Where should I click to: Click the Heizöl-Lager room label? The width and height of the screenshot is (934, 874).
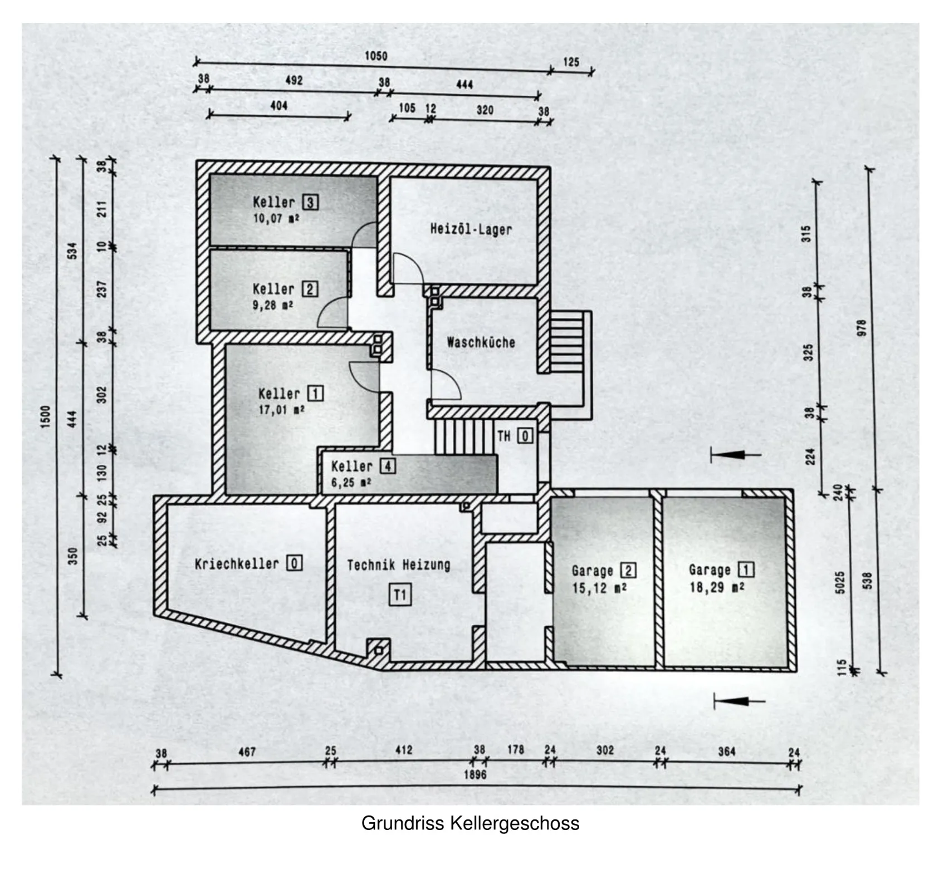tap(471, 229)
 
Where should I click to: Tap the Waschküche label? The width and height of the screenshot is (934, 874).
tap(481, 342)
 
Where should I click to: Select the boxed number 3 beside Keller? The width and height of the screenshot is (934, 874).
tap(310, 202)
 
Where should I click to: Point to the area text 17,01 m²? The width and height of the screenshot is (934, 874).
tap(281, 410)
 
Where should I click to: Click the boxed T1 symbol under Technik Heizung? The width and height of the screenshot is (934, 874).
tap(400, 595)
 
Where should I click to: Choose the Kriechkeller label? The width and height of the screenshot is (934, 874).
tap(237, 564)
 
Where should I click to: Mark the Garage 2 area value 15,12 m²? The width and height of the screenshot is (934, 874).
tap(599, 588)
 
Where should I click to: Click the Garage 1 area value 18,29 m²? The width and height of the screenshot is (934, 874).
tap(717, 587)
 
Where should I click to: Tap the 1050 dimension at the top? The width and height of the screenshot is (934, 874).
tap(376, 56)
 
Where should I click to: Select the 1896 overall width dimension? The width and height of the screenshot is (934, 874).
tap(475, 774)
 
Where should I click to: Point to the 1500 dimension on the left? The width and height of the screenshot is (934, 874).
tap(46, 416)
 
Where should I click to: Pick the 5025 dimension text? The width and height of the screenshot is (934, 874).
tap(840, 582)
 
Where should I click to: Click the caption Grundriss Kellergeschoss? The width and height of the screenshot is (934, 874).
tap(470, 823)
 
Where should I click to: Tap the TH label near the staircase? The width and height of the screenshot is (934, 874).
tap(504, 436)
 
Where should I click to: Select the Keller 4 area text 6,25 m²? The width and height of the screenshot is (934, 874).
tap(351, 482)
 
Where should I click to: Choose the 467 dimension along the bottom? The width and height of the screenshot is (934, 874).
tap(247, 752)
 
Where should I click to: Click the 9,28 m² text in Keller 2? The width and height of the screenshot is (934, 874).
tap(273, 306)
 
